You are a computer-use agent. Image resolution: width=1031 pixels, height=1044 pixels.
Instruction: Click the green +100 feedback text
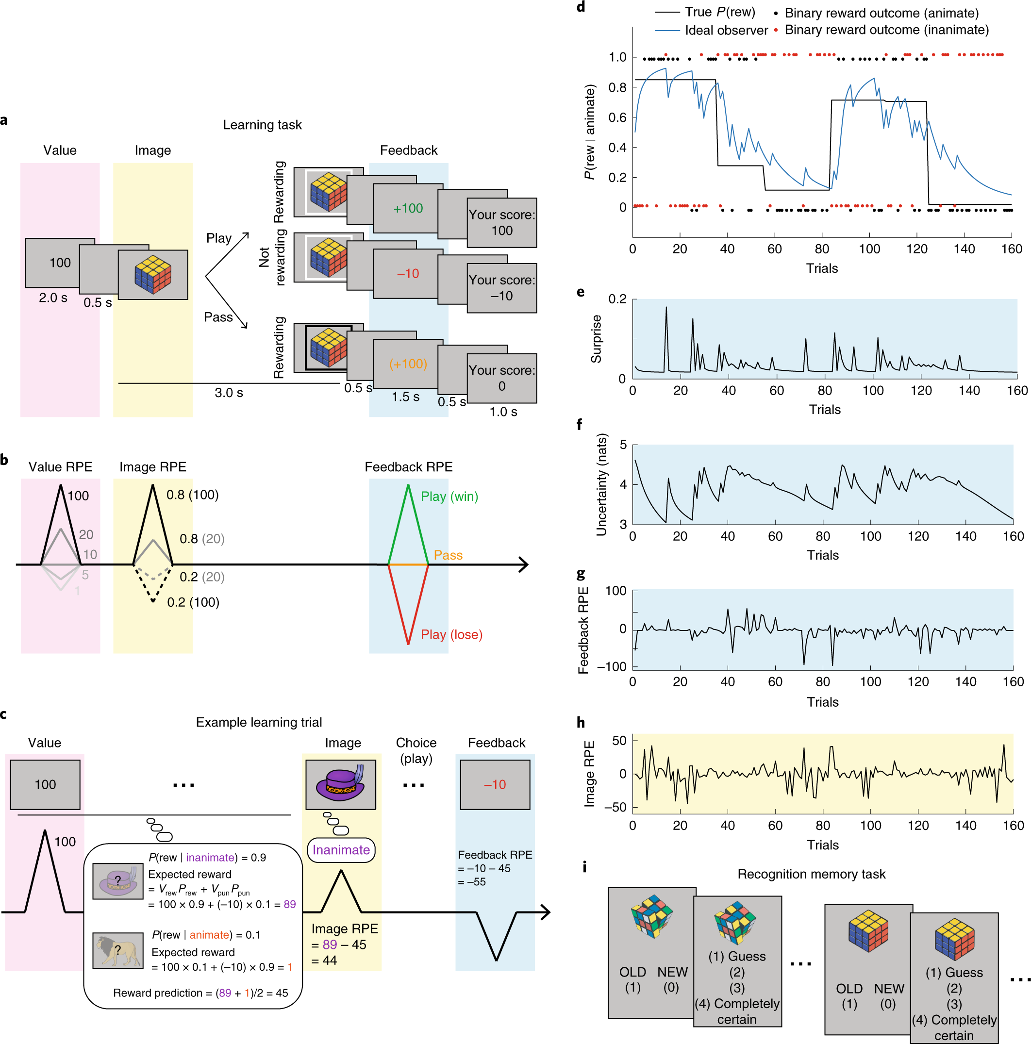pos(407,208)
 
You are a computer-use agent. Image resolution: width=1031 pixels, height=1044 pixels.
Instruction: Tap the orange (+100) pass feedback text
pos(407,364)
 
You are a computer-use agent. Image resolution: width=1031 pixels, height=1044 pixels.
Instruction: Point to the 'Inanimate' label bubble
pos(340,850)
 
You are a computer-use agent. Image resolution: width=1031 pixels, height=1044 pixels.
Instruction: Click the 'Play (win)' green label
pos(449,496)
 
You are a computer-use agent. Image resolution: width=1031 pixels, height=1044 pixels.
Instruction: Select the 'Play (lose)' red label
pos(451,634)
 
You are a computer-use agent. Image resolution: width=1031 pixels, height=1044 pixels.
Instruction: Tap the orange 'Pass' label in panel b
pos(448,555)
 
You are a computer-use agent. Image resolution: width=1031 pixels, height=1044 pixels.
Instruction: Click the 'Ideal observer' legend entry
pos(726,30)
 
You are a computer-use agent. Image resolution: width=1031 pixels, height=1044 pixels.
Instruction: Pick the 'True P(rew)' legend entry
pos(719,12)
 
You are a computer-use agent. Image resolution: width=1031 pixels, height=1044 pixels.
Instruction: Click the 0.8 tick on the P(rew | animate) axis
pos(617,87)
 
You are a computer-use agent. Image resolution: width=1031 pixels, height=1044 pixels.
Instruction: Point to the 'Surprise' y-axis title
pos(596,339)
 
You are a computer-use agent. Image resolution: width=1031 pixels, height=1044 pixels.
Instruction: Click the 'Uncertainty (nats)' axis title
pos(601,484)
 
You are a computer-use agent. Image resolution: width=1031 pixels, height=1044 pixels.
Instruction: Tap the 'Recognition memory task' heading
pos(811,874)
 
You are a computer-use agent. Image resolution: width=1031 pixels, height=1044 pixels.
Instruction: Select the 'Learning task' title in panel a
pos(262,125)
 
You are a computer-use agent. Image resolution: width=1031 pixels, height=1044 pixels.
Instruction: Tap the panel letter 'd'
pos(581,6)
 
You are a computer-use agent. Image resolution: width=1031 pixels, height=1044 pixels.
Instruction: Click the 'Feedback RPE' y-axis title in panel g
pos(583,630)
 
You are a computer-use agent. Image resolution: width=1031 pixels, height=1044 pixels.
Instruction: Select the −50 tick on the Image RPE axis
pos(615,807)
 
